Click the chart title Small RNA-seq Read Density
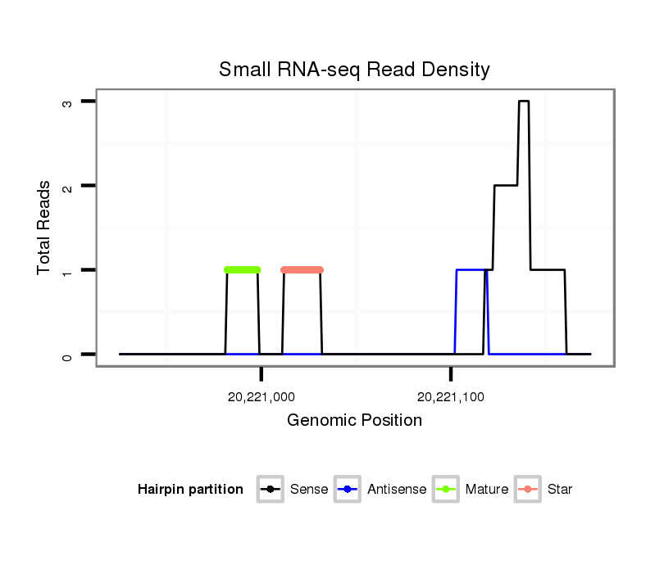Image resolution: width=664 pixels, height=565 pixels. (354, 70)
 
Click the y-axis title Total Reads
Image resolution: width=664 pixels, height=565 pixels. (45, 228)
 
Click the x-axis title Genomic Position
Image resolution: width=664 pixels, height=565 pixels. (354, 421)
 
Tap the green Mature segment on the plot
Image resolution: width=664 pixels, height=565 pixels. (242, 269)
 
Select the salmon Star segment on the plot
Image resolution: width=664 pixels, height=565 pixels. (302, 269)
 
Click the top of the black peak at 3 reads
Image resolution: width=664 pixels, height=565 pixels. (524, 102)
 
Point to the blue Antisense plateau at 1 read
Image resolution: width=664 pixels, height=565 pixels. (470, 269)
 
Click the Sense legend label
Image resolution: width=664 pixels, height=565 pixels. (309, 490)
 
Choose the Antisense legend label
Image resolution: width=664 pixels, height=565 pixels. (397, 490)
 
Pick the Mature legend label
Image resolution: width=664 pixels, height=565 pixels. (486, 490)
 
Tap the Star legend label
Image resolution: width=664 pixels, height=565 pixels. (559, 490)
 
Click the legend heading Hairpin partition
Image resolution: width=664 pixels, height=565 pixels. (190, 490)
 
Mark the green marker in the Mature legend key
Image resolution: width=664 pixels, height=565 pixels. (447, 490)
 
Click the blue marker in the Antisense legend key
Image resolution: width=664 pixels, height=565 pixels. (349, 490)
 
